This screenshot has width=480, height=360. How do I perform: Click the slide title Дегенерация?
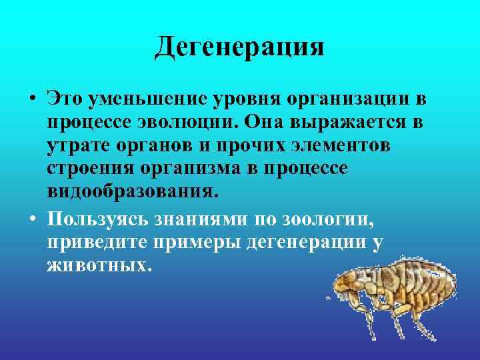coord(239,47)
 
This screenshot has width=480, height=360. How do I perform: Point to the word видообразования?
coord(132,192)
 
